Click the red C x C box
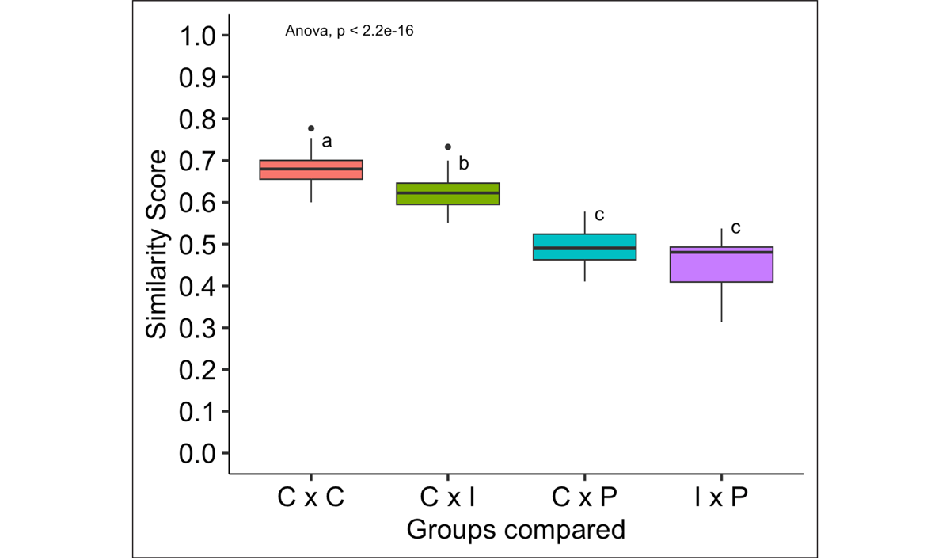click(x=311, y=170)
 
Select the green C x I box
click(x=448, y=193)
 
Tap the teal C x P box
click(x=585, y=246)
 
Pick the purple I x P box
click(x=721, y=265)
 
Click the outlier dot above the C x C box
click(x=311, y=128)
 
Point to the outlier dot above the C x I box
click(x=448, y=147)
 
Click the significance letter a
click(x=326, y=142)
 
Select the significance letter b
click(x=464, y=164)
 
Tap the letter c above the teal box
click(x=599, y=215)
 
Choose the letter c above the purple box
click(x=735, y=228)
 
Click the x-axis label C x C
click(x=311, y=497)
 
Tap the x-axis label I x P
click(x=721, y=497)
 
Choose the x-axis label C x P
click(x=585, y=497)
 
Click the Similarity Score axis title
click(x=158, y=245)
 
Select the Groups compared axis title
click(x=515, y=528)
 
